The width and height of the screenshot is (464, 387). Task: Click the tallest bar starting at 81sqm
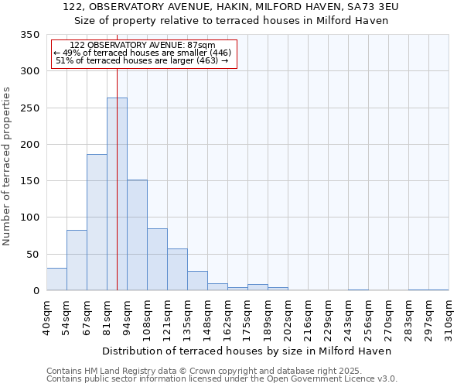117,194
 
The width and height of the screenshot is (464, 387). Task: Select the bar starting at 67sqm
97,223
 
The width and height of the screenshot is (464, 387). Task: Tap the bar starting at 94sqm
137,235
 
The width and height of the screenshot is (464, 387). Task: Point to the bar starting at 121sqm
177,270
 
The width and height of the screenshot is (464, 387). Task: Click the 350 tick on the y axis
29,35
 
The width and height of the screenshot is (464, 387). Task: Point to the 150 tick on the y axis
29,181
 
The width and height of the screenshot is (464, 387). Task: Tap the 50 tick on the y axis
32,255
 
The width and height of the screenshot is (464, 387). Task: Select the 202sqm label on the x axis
287,318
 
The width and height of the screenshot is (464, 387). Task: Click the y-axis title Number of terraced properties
8,166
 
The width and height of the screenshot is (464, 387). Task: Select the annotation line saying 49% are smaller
142,53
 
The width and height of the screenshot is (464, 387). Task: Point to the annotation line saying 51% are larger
142,60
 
